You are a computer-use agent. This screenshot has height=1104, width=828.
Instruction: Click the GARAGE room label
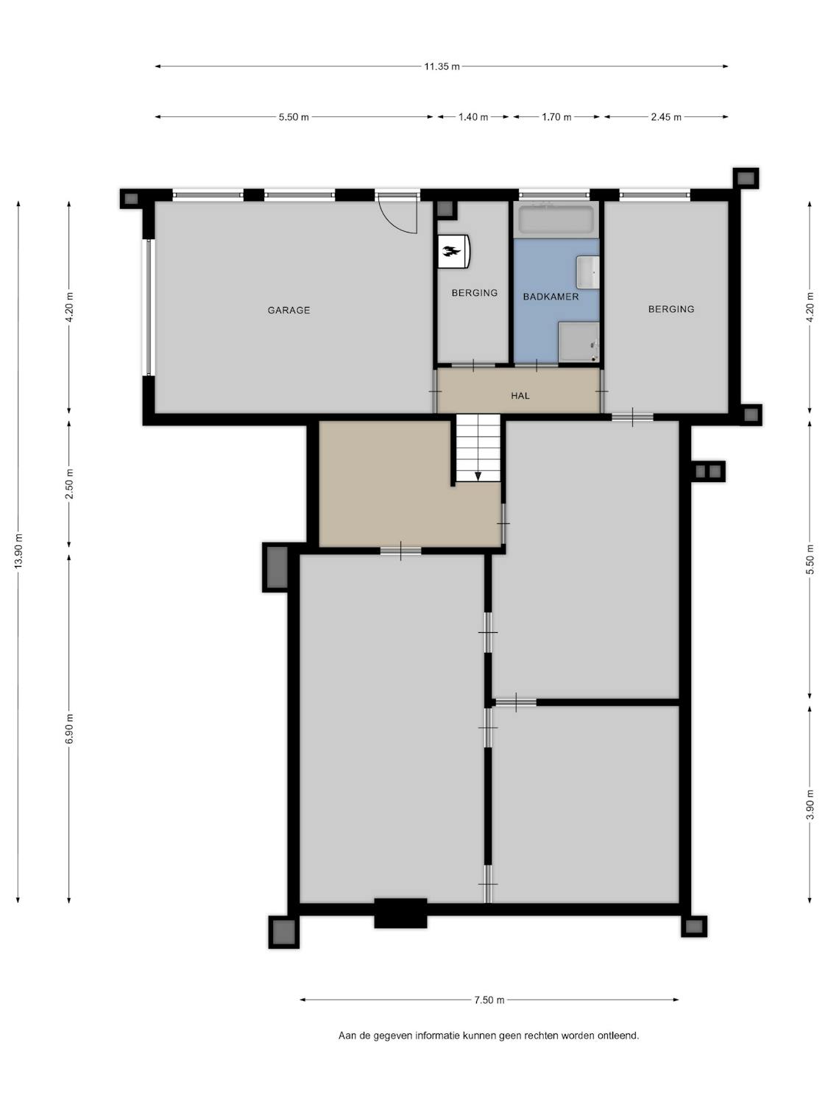click(x=289, y=311)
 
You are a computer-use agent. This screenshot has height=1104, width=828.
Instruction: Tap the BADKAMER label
click(x=551, y=297)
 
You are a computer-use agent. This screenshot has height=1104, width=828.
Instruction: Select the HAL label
click(x=520, y=396)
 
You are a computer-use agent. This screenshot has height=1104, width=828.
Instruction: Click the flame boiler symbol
click(x=454, y=251)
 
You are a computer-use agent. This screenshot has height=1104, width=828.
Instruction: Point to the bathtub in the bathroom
click(x=556, y=219)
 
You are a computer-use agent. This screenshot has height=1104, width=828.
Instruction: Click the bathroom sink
click(x=587, y=272)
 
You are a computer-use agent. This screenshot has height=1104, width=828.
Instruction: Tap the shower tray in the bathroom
click(x=578, y=342)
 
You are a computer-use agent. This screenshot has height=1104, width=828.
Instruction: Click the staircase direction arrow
click(x=478, y=475)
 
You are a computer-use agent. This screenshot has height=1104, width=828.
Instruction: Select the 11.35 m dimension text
click(x=442, y=66)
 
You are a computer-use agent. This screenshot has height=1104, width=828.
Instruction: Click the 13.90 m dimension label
click(x=18, y=551)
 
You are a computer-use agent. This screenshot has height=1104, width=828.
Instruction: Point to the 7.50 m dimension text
click(x=489, y=1000)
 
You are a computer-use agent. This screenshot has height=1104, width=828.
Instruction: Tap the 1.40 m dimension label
click(x=473, y=117)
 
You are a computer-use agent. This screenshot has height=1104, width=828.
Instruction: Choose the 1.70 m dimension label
click(x=556, y=117)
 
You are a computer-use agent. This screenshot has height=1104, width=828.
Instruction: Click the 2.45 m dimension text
click(x=666, y=117)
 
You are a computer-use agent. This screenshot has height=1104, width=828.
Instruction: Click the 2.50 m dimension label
click(x=69, y=484)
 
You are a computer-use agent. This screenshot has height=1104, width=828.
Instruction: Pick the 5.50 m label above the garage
click(x=294, y=117)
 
